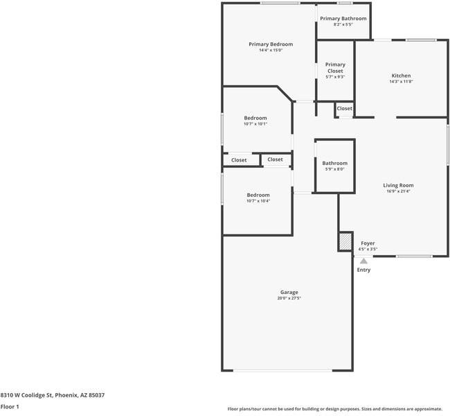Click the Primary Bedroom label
coord(271,44)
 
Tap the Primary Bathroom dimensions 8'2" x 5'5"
coord(343,24)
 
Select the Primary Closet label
coord(335,67)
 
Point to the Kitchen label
coord(401,76)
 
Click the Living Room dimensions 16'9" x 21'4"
coord(398,191)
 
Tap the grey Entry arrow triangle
coord(363,261)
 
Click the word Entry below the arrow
coord(363,270)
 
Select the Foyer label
coord(368,243)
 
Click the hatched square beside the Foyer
coord(345,241)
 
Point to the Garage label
coord(289,292)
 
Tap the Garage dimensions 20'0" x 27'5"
coord(289,298)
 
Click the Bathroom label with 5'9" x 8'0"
coord(334,163)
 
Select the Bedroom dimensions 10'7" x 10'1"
coord(255,124)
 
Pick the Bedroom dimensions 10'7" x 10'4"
coord(258,201)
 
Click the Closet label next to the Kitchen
coord(344,108)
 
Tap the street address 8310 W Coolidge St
coord(27,395)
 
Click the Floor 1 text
coord(10,406)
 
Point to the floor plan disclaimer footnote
coord(335,409)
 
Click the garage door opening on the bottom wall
coord(282,370)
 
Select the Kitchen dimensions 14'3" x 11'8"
coord(401,82)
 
